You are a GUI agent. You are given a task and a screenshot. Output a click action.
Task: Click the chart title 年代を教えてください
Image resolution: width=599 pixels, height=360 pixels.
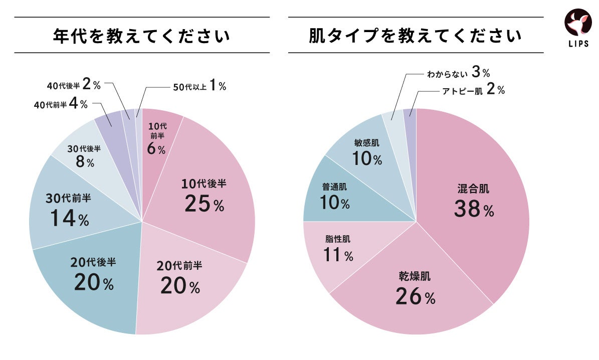click(x=142, y=36)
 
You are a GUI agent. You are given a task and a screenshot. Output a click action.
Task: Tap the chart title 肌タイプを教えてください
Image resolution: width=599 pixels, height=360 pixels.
click(x=416, y=36)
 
